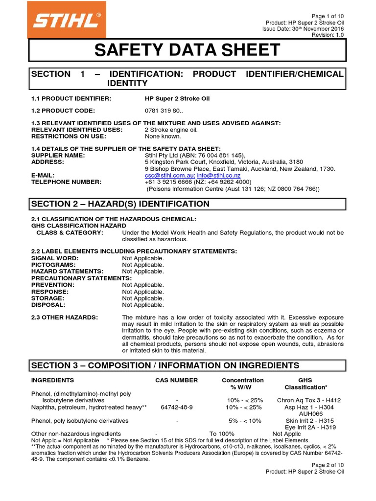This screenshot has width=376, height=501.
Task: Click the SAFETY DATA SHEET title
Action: (x=187, y=50)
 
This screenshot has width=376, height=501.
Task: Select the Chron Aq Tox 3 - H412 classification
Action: (x=308, y=400)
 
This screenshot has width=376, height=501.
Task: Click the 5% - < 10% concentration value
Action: (x=245, y=421)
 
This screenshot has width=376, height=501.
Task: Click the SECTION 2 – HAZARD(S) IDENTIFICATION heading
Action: (x=120, y=204)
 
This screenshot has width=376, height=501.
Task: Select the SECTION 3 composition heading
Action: (x=165, y=366)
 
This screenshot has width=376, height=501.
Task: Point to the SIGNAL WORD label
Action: (x=55, y=258)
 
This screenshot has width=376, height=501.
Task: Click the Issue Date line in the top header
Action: (x=303, y=29)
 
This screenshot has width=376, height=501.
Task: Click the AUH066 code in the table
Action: (x=308, y=413)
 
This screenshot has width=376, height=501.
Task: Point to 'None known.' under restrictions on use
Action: (x=163, y=137)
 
